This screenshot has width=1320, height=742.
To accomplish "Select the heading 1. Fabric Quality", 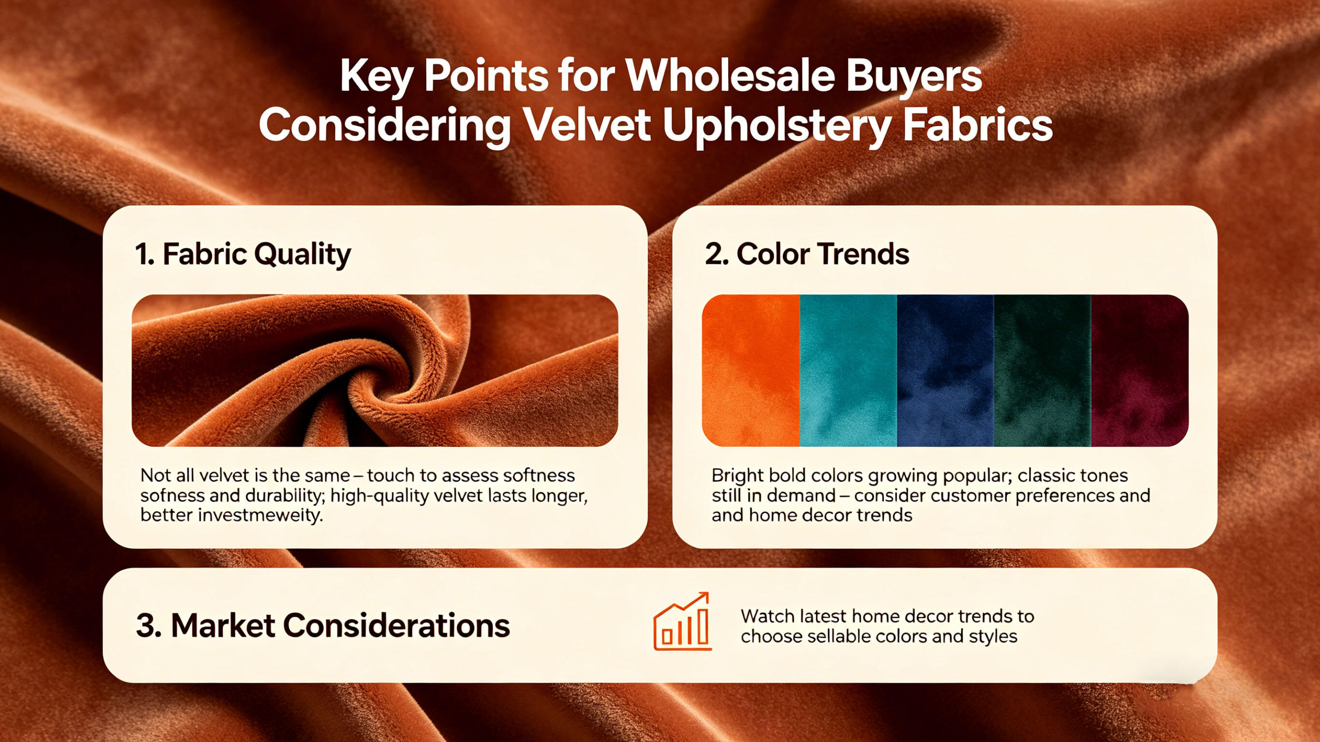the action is click(243, 255).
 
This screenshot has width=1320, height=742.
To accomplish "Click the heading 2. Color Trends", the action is click(807, 254).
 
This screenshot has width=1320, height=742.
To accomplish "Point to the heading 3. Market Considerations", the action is click(323, 626).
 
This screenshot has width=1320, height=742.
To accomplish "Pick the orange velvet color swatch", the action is click(751, 370).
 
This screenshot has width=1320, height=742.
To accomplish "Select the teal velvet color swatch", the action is click(848, 370).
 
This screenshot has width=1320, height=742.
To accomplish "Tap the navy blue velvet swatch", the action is click(945, 370).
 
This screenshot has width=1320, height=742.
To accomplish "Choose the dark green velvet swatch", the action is click(1043, 370).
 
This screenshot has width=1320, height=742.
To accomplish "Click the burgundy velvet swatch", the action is click(1140, 370).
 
